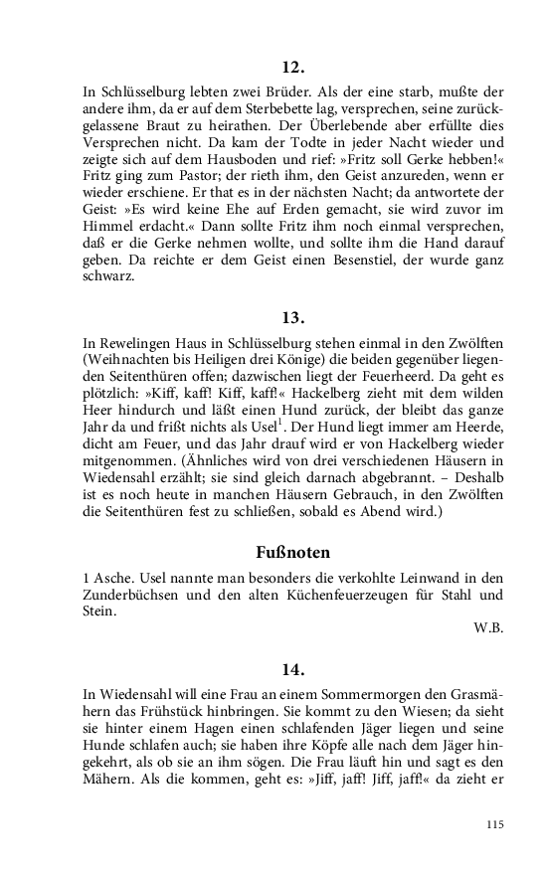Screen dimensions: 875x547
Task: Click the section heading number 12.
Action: coord(292,68)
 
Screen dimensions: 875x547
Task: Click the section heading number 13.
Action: coord(292,318)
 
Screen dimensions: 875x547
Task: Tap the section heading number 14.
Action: coord(292,668)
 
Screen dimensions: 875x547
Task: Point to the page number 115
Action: coord(496,824)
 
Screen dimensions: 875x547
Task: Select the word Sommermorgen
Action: coord(338,696)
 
